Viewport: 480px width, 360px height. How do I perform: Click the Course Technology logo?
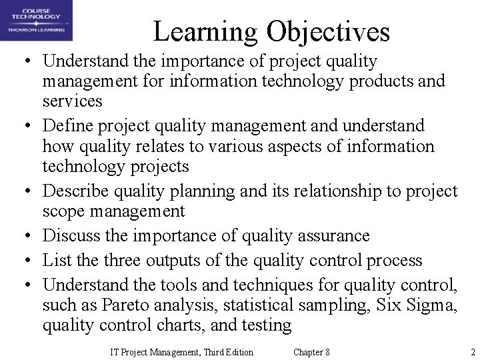click(x=37, y=21)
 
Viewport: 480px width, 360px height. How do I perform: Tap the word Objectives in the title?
click(x=328, y=31)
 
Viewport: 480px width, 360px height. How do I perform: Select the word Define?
click(x=64, y=125)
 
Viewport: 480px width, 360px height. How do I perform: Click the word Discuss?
click(x=68, y=236)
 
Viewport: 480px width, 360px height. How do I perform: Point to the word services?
click(x=72, y=101)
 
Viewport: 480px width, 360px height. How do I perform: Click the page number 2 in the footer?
click(x=472, y=352)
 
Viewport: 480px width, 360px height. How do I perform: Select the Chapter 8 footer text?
click(x=311, y=352)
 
